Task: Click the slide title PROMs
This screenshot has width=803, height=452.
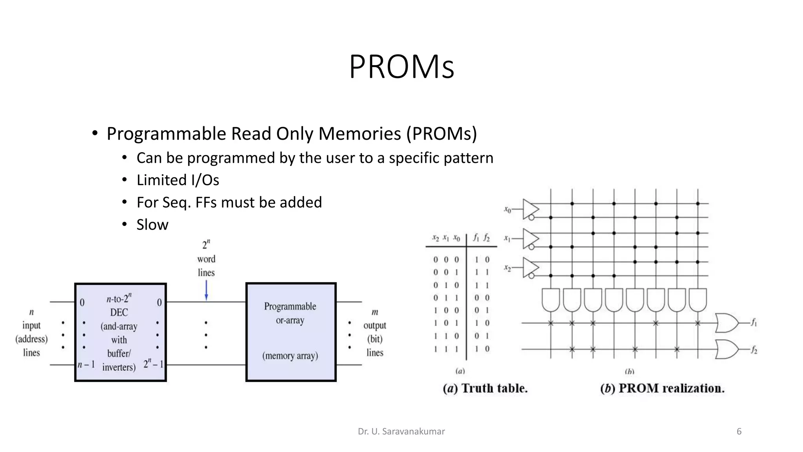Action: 401,67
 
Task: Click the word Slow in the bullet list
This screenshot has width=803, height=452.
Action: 152,225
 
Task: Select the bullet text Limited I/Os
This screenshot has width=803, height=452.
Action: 178,180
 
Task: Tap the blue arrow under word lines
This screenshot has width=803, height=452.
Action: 206,290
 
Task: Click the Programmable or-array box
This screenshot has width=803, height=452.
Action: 291,332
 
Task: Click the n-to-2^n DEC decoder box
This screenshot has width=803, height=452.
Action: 120,332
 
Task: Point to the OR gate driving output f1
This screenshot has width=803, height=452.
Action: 727,323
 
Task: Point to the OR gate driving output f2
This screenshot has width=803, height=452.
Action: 727,349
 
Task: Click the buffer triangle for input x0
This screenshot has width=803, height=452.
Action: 530,209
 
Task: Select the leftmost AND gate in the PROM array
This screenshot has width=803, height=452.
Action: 550,300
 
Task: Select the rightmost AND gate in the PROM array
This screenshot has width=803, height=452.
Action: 698,300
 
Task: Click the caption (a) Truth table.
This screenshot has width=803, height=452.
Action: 485,388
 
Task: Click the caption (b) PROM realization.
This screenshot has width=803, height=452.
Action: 662,388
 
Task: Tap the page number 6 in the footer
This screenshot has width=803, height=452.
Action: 739,432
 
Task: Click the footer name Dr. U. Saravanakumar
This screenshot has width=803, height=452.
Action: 401,432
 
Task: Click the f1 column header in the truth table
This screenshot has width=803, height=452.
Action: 476,237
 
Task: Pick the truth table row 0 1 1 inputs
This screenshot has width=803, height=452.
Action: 446,298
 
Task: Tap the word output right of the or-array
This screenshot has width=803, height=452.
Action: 374,325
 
